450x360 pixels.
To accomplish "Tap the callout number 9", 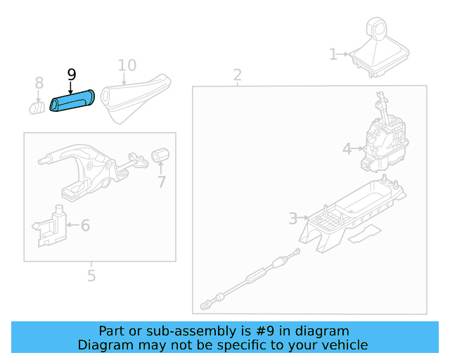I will [71, 75].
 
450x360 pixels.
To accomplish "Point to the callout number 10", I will [127, 65].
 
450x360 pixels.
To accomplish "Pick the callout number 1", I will [333, 54].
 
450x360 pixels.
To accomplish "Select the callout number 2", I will [238, 75].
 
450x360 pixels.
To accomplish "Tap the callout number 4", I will [347, 148].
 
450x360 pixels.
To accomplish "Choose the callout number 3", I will [293, 219].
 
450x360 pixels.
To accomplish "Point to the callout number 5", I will [91, 276].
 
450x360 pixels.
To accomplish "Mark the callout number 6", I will [85, 226].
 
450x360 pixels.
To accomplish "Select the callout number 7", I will [161, 182].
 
